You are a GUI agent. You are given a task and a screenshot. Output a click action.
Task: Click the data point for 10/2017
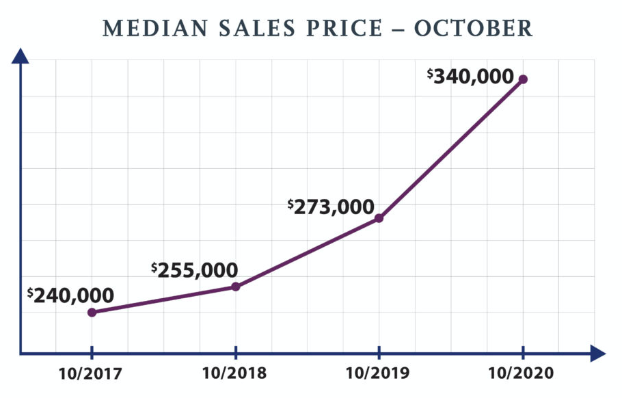[92, 313]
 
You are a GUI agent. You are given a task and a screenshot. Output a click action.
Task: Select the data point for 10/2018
[236, 287]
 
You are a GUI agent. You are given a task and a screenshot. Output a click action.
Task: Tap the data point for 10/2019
[379, 218]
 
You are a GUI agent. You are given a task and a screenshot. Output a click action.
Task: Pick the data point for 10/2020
[523, 79]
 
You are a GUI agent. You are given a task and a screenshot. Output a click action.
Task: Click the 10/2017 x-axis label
[92, 375]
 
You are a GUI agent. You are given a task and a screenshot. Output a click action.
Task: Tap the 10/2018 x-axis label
[236, 375]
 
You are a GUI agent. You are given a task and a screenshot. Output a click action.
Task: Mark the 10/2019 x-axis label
[379, 375]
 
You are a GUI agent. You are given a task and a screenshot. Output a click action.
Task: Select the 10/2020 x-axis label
[523, 375]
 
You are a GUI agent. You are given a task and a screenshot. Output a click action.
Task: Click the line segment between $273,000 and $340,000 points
[451, 149]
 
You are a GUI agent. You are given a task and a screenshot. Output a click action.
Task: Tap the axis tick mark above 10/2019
[379, 354]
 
